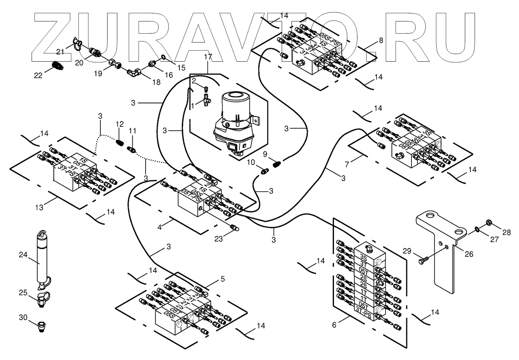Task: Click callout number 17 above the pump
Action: coord(208,57)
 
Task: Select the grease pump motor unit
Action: coord(234,120)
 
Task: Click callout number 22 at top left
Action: coord(38,76)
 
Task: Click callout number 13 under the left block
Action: coord(39,207)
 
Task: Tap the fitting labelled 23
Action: coord(234,228)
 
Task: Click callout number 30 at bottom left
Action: coord(23,318)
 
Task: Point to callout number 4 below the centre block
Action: coord(160,227)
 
